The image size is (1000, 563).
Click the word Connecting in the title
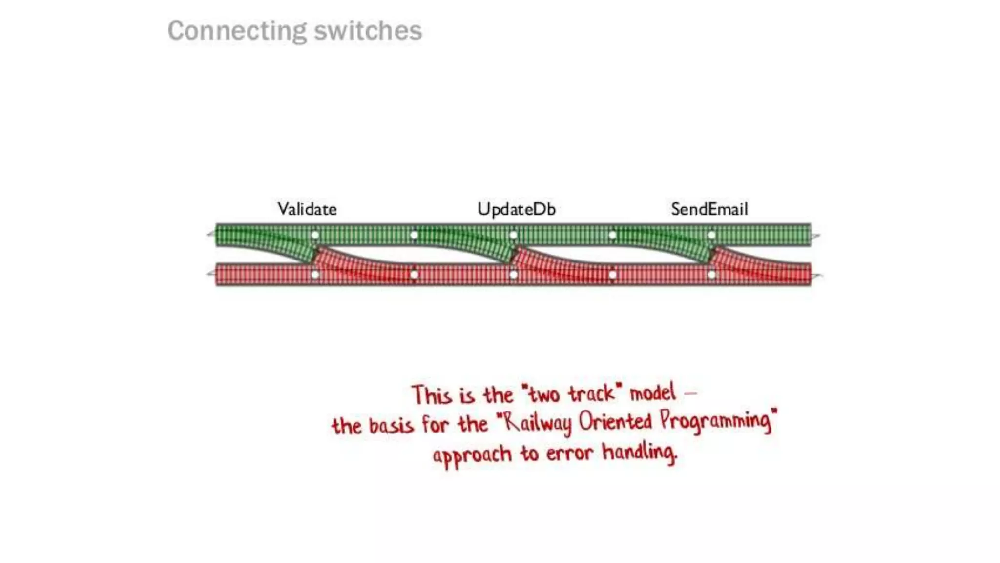pyautogui.click(x=237, y=31)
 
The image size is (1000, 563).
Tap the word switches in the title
pyautogui.click(x=368, y=31)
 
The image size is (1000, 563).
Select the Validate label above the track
pyautogui.click(x=307, y=209)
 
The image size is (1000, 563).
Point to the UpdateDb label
pyautogui.click(x=516, y=209)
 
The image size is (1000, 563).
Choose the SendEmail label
pyautogui.click(x=709, y=209)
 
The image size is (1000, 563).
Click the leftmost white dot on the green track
pyautogui.click(x=315, y=235)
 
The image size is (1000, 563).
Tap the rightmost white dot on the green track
pyautogui.click(x=711, y=235)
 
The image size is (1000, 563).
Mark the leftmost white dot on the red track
pyautogui.click(x=315, y=275)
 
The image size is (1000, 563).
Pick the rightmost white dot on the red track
pyautogui.click(x=711, y=275)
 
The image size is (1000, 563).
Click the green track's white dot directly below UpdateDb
pyautogui.click(x=513, y=235)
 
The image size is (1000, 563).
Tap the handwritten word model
pyautogui.click(x=653, y=392)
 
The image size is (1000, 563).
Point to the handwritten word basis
pyautogui.click(x=391, y=425)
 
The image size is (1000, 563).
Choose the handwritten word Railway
pyautogui.click(x=537, y=423)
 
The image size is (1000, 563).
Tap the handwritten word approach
pyautogui.click(x=472, y=455)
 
